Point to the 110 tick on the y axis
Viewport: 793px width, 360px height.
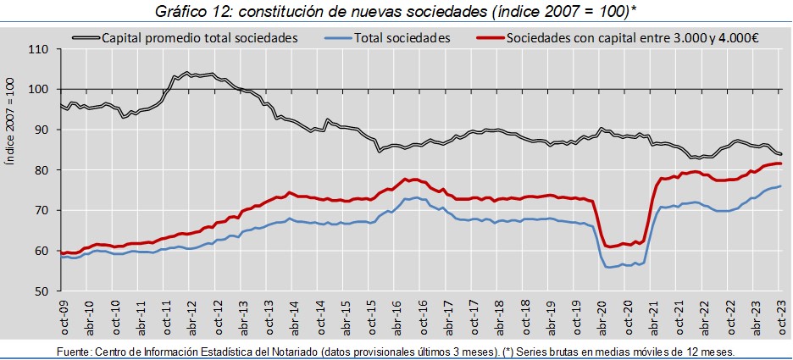pyautogui.click(x=39, y=49)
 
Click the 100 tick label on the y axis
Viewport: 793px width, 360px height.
pyautogui.click(x=39, y=89)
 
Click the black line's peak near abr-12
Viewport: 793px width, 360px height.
pyautogui.click(x=186, y=73)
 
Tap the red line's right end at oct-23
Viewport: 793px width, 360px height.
pyautogui.click(x=780, y=163)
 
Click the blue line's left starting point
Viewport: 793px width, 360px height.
pyautogui.click(x=61, y=257)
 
